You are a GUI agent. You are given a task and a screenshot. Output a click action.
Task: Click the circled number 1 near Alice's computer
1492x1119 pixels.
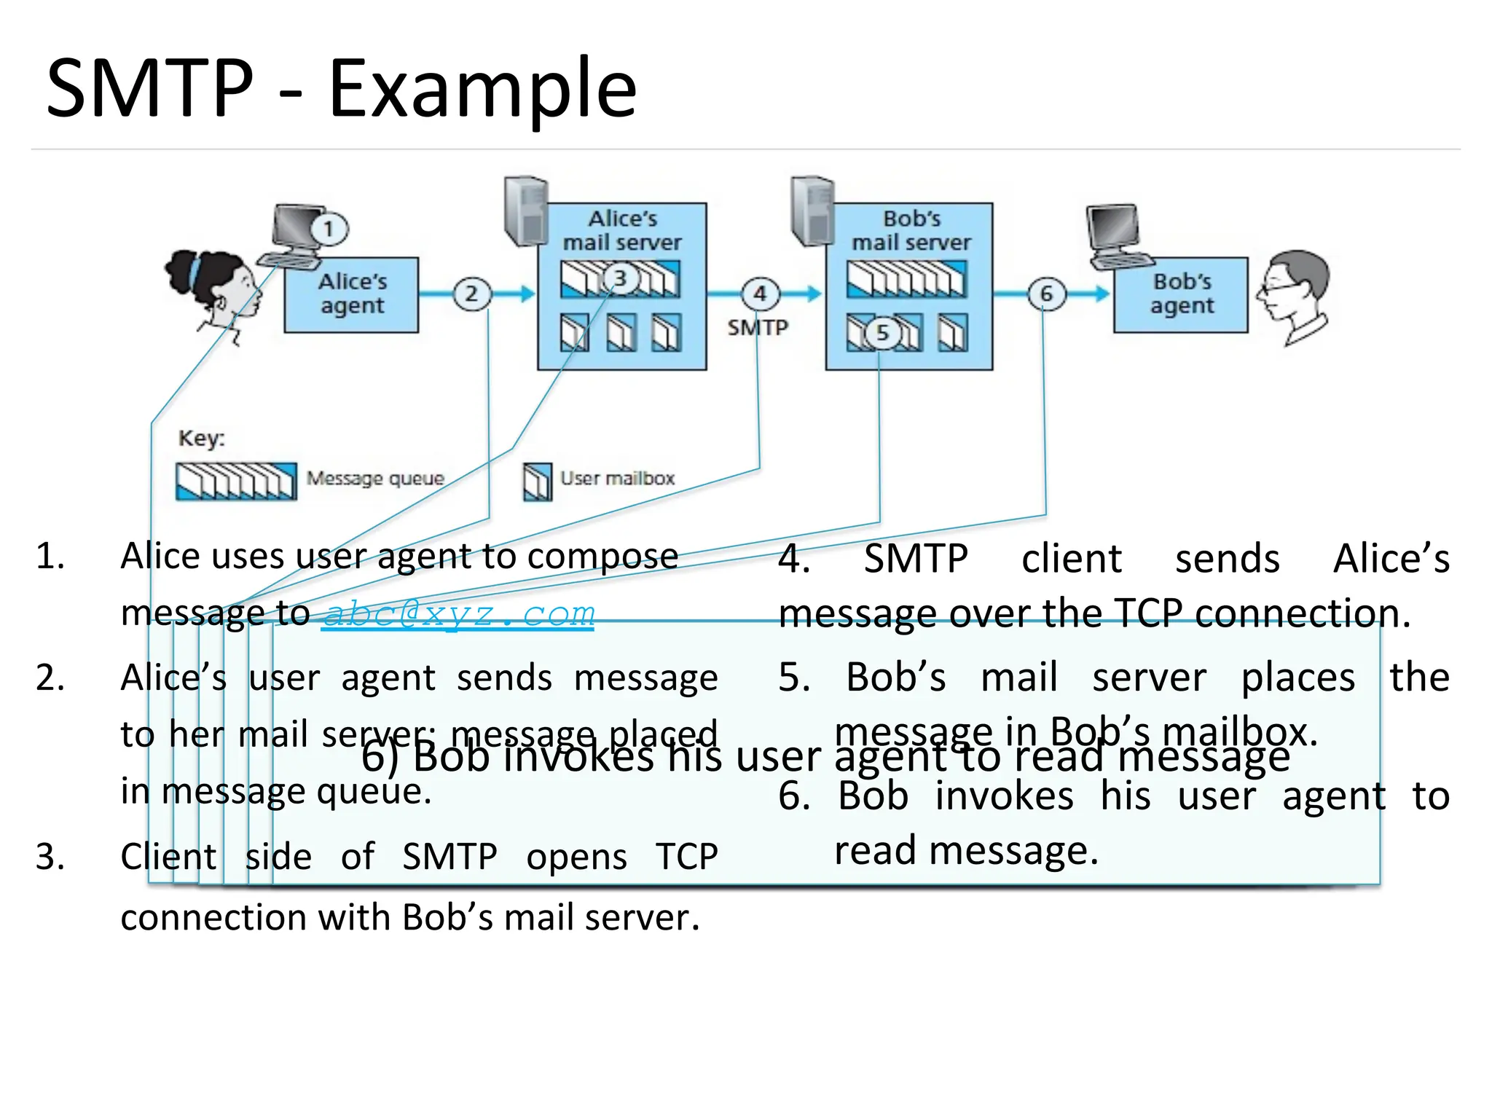point(329,229)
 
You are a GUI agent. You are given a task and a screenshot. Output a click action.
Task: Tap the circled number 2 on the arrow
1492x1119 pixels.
point(472,294)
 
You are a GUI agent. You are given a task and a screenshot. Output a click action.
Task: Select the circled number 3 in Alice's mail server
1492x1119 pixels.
point(620,278)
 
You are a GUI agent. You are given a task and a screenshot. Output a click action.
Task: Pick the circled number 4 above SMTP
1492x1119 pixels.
point(760,294)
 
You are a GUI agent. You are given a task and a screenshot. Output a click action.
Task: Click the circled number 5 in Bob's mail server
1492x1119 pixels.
point(882,333)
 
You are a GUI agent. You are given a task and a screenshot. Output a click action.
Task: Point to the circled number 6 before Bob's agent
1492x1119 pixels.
point(1046,294)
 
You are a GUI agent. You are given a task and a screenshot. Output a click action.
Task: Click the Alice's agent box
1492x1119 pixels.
point(351,295)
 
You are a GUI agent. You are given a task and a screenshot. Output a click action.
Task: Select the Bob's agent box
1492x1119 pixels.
point(1181,295)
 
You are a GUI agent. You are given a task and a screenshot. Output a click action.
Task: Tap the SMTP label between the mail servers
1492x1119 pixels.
point(758,328)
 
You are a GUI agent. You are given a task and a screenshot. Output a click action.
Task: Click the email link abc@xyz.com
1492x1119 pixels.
point(458,614)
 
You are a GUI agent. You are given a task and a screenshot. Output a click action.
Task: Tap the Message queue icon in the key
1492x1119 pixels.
point(236,482)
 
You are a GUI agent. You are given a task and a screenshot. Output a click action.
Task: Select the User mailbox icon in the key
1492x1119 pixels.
point(538,482)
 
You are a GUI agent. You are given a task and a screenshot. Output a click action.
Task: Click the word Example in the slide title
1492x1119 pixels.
point(482,89)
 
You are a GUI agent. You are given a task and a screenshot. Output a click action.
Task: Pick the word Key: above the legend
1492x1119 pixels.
point(202,439)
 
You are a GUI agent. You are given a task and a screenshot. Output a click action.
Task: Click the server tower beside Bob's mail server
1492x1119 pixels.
point(812,211)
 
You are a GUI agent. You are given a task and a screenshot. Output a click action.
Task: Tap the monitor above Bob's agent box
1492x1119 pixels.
point(1115,229)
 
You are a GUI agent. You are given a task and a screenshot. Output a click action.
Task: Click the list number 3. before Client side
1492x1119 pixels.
point(50,857)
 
